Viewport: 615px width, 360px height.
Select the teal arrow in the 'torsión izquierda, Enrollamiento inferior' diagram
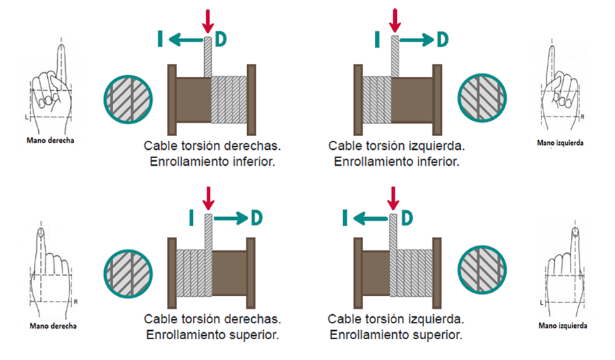416,40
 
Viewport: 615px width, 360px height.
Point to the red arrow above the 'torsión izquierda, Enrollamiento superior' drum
394,197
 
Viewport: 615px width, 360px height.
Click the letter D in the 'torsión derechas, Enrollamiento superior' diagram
257,218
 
